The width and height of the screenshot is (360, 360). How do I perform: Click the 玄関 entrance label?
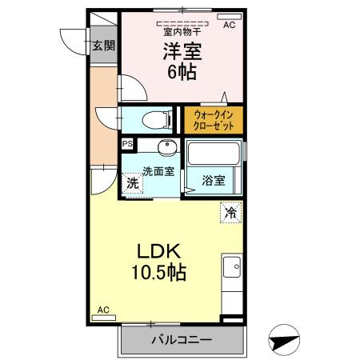tap(102, 46)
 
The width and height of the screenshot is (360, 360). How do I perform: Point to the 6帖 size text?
tap(182, 72)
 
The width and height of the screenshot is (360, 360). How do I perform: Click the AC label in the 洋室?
tap(229, 26)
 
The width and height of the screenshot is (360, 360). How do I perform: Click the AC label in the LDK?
tap(103, 310)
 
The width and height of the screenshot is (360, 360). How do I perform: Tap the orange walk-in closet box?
tap(214, 120)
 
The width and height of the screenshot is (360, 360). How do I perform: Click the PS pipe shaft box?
tap(127, 144)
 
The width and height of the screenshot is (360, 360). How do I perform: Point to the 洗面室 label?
tap(157, 170)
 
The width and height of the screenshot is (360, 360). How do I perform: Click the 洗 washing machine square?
tap(133, 182)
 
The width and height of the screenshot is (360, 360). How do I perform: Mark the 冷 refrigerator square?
tap(230, 213)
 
